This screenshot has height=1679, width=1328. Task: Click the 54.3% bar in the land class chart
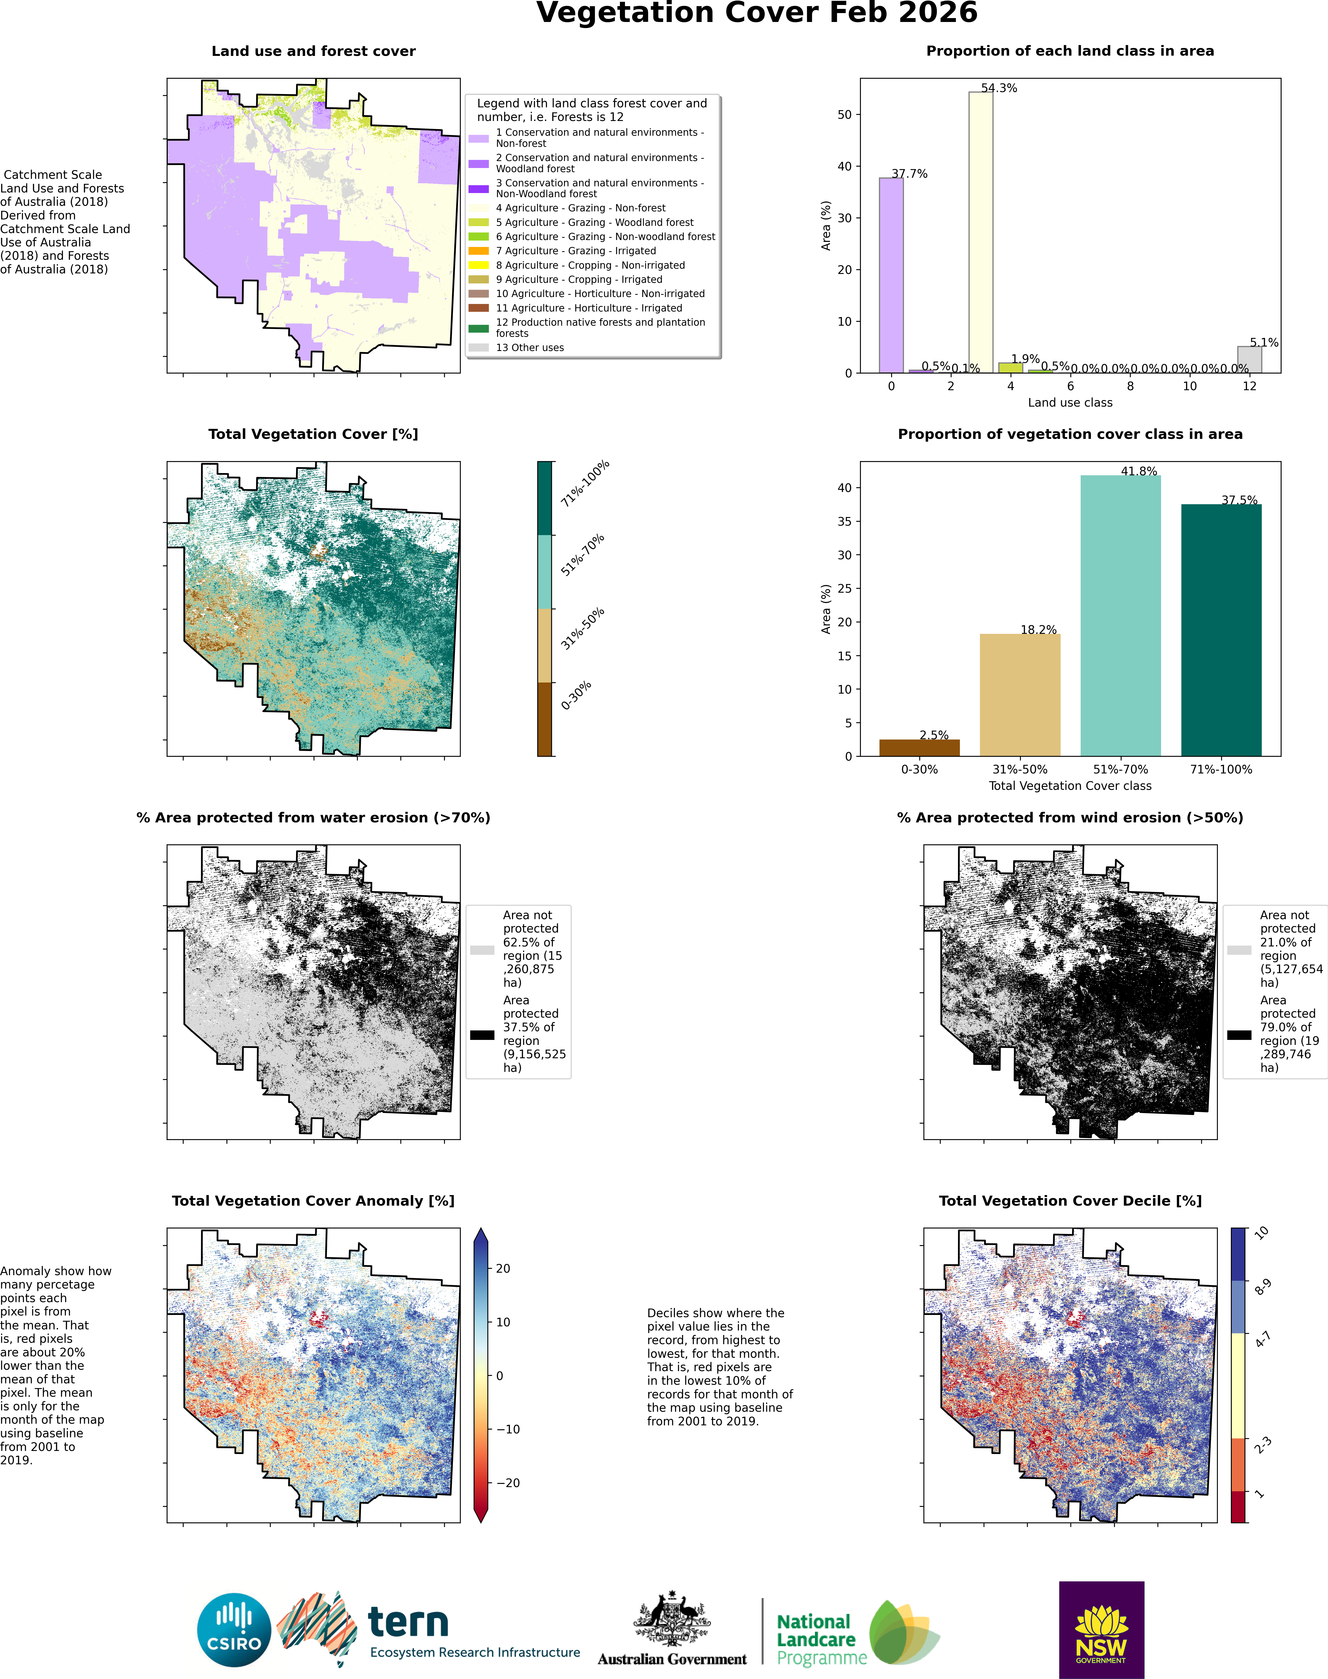coord(980,233)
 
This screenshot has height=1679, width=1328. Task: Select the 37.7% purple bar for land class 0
coord(891,275)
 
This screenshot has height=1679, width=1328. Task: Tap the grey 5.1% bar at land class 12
coord(1250,360)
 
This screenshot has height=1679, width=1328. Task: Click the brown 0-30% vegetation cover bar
coord(919,748)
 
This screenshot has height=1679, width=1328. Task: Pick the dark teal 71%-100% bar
coord(1221,630)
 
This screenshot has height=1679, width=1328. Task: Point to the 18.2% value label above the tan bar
coord(1039,630)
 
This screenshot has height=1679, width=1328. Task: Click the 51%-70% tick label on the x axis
coord(1120,770)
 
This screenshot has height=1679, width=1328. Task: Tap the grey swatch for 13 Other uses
coord(479,347)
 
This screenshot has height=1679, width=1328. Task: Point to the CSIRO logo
coord(234,1630)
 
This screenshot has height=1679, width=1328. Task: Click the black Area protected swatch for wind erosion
coord(1239,1035)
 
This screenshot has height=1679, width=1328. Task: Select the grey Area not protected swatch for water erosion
coord(482,950)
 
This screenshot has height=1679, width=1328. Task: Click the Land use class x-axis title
coord(1070,403)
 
